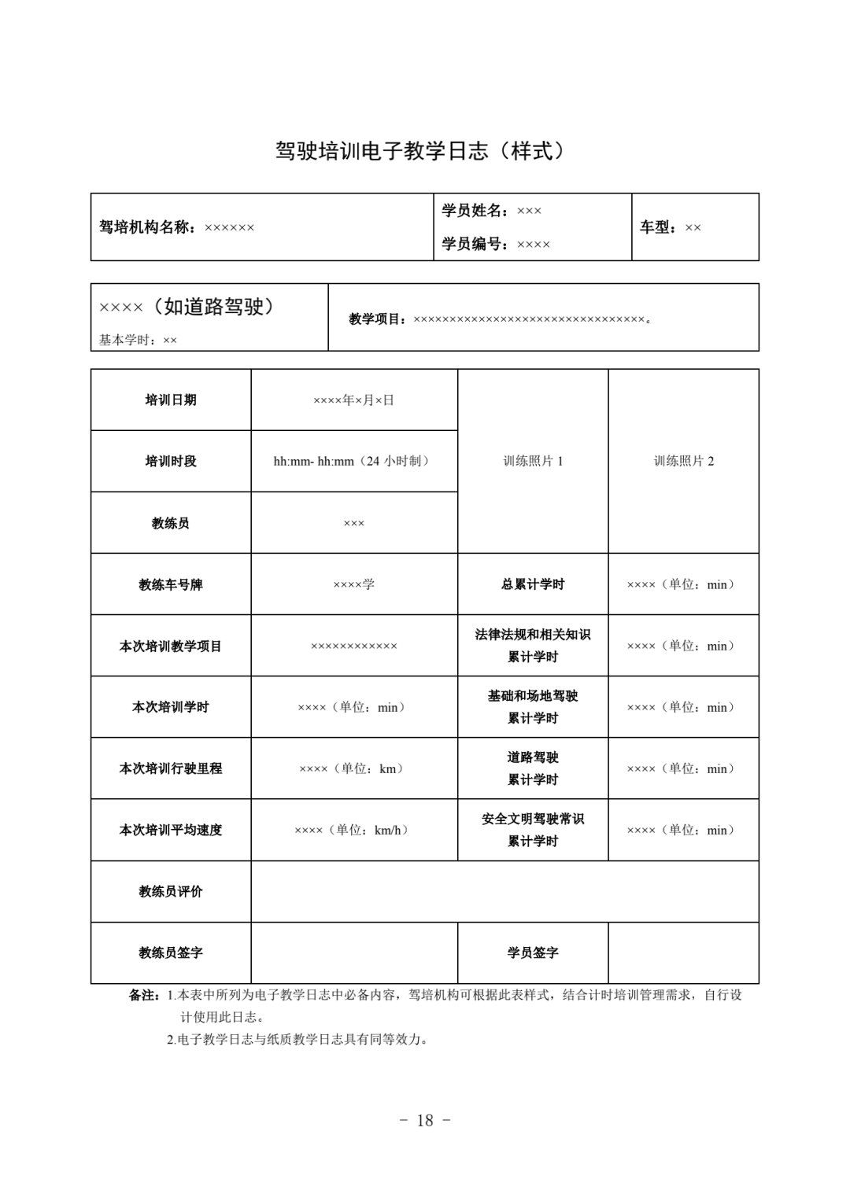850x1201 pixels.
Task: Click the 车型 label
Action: (658, 227)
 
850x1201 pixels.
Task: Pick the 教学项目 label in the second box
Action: (379, 319)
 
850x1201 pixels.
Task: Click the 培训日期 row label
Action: (171, 400)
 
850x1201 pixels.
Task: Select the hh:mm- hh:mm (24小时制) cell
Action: (353, 461)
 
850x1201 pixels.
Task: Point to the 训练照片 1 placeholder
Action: (533, 461)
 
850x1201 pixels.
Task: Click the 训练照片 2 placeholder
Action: (683, 461)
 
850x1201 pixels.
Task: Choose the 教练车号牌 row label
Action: (171, 584)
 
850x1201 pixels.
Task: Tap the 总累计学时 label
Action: (533, 584)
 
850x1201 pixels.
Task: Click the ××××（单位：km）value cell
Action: (353, 768)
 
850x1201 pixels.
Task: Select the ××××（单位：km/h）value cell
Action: (353, 830)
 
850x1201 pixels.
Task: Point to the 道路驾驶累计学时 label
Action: (533, 768)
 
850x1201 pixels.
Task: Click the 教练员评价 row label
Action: (171, 891)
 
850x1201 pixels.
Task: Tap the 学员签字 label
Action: (533, 952)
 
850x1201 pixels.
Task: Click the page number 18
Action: (425, 1120)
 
